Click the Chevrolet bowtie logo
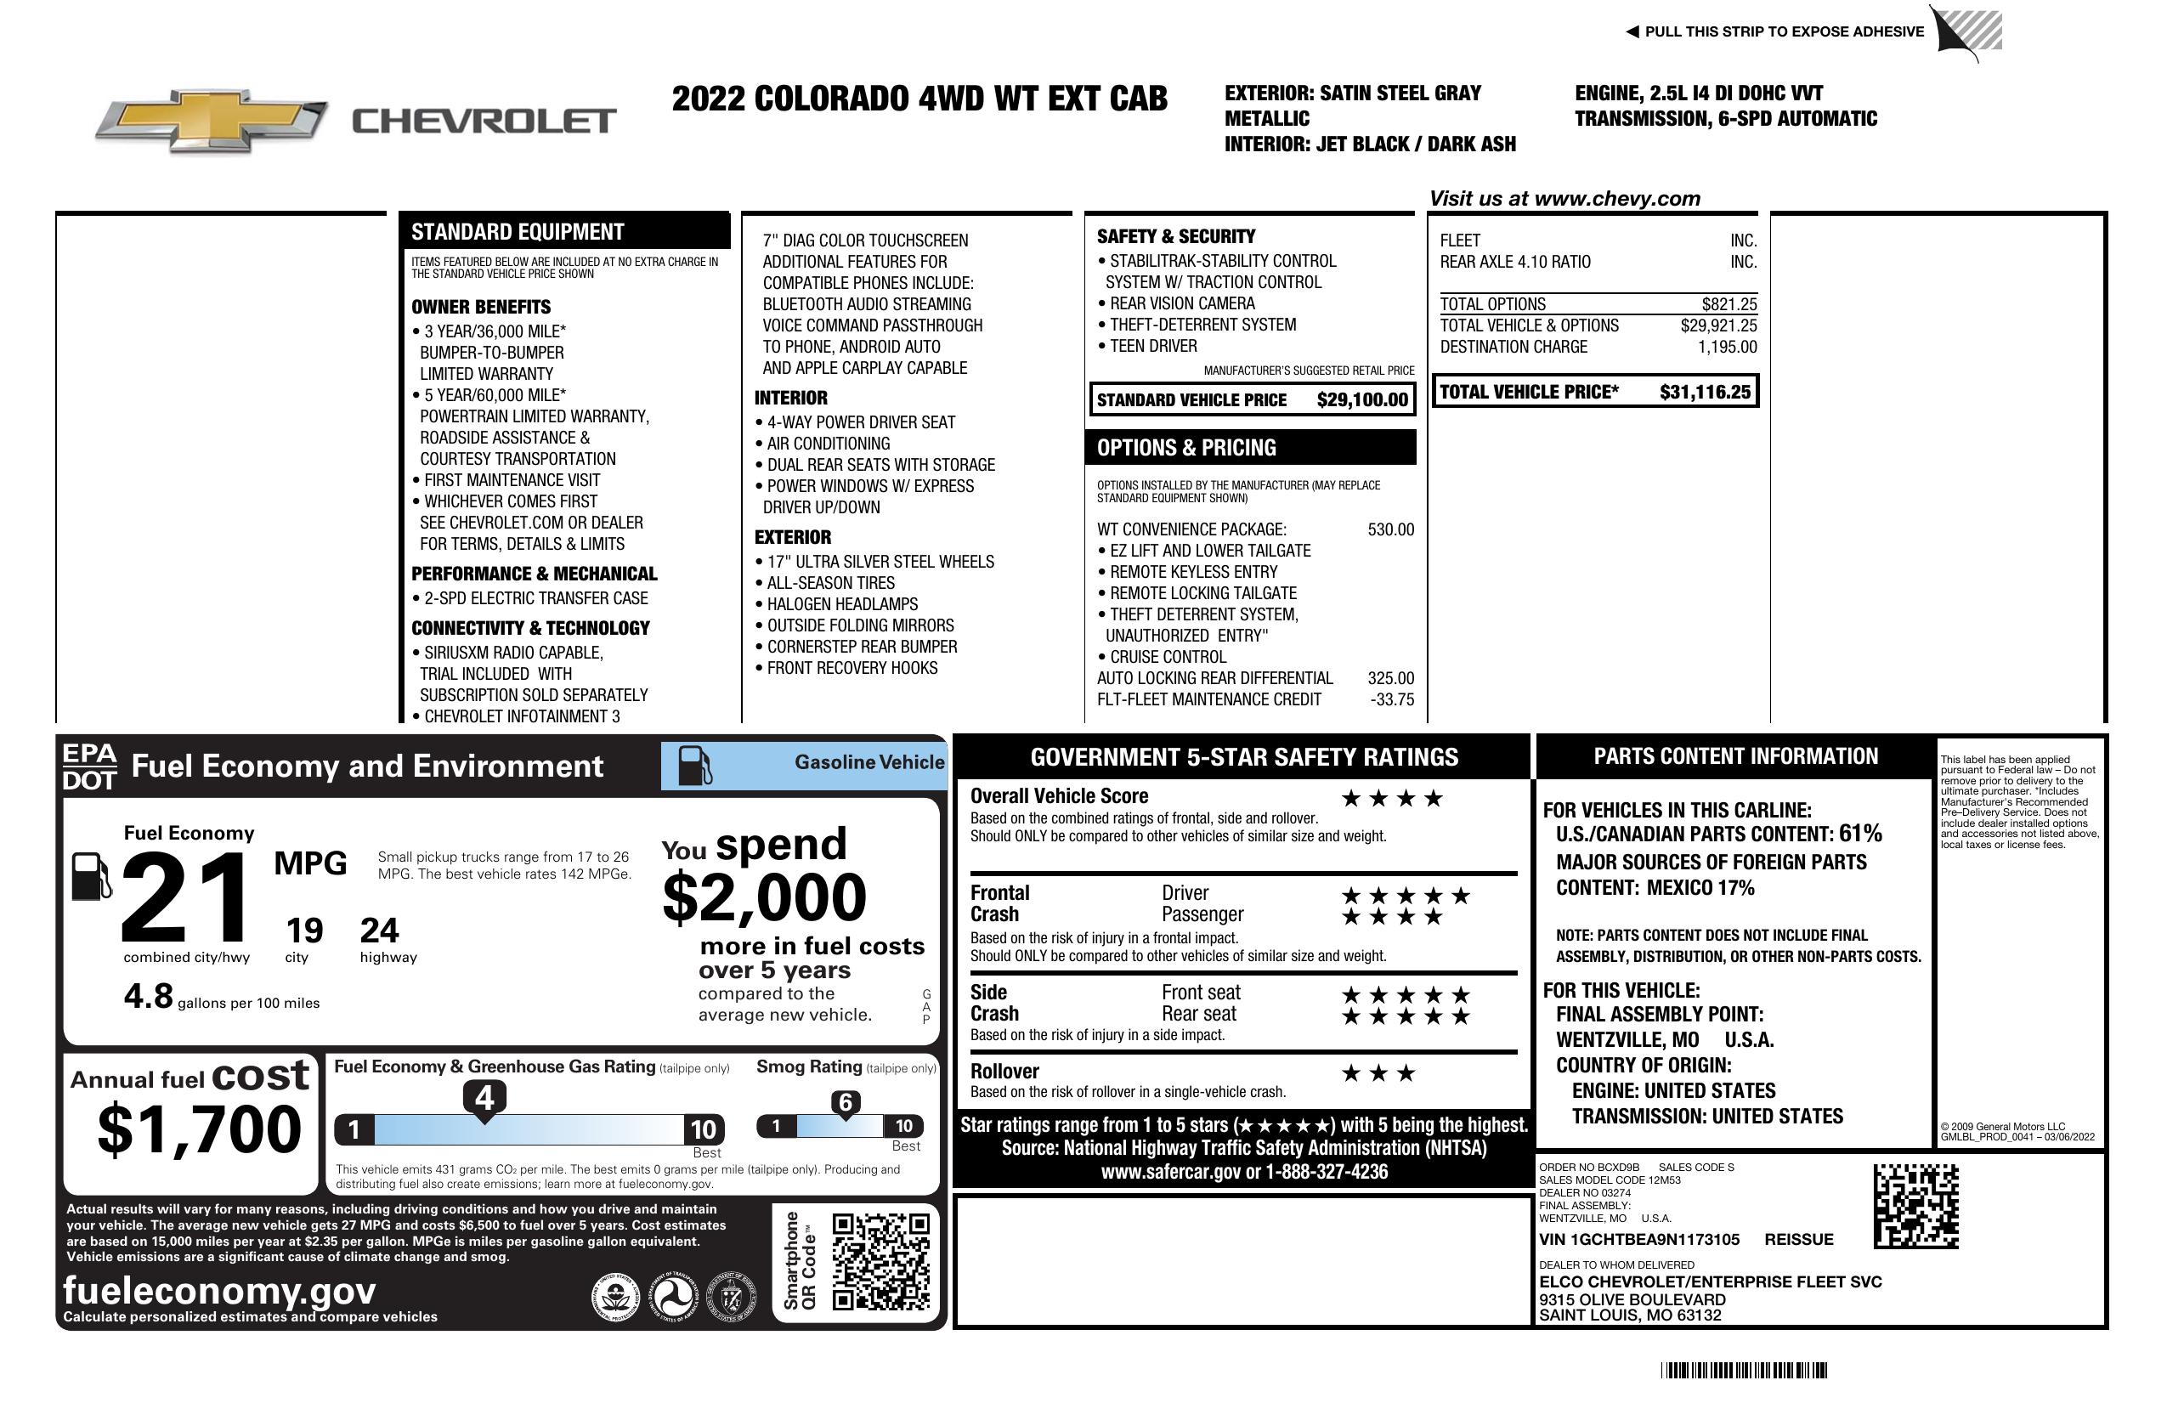coord(212,120)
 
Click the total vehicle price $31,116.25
coord(1705,393)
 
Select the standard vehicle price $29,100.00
coord(1362,400)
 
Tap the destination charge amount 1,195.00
coord(1727,347)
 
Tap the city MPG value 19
coord(304,931)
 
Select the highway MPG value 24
coord(379,931)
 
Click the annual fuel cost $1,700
coord(199,1129)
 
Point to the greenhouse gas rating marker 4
coord(484,1098)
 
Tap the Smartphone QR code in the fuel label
coord(880,1261)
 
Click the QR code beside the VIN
coord(1915,1206)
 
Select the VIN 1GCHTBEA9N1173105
coord(1639,1240)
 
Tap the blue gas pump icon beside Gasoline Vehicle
coord(695,766)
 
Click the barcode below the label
coord(1744,1370)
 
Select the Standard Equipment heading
coord(518,232)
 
